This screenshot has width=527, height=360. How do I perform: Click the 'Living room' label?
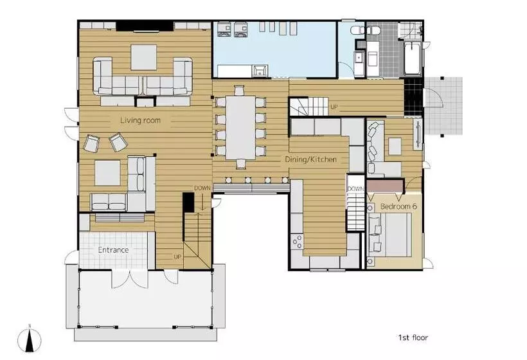pyautogui.click(x=140, y=120)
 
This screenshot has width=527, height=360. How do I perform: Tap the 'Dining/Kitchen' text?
pyautogui.click(x=310, y=159)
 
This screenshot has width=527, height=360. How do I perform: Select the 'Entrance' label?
pyautogui.click(x=113, y=249)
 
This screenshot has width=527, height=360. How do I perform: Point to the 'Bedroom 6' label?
pyautogui.click(x=398, y=206)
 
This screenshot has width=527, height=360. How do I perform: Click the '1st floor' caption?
pyautogui.click(x=413, y=337)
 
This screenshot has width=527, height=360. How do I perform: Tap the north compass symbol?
pyautogui.click(x=30, y=339)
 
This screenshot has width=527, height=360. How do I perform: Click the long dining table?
pyautogui.click(x=240, y=128)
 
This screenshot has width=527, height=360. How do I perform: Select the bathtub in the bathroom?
pyautogui.click(x=413, y=59)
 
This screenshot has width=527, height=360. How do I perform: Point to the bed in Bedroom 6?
pyautogui.click(x=390, y=235)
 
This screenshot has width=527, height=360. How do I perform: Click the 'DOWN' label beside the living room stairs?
pyautogui.click(x=202, y=188)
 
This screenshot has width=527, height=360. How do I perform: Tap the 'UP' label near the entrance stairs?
pyautogui.click(x=177, y=256)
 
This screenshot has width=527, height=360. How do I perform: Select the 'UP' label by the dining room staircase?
pyautogui.click(x=334, y=107)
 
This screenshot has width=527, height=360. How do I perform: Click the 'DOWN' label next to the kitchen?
pyautogui.click(x=355, y=189)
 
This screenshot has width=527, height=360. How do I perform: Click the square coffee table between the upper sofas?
pyautogui.click(x=144, y=57)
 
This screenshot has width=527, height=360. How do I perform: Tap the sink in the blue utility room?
pyautogui.click(x=260, y=71)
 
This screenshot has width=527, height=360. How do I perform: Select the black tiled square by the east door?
pyautogui.click(x=413, y=96)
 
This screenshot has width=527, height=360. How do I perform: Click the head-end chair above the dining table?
pyautogui.click(x=238, y=91)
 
